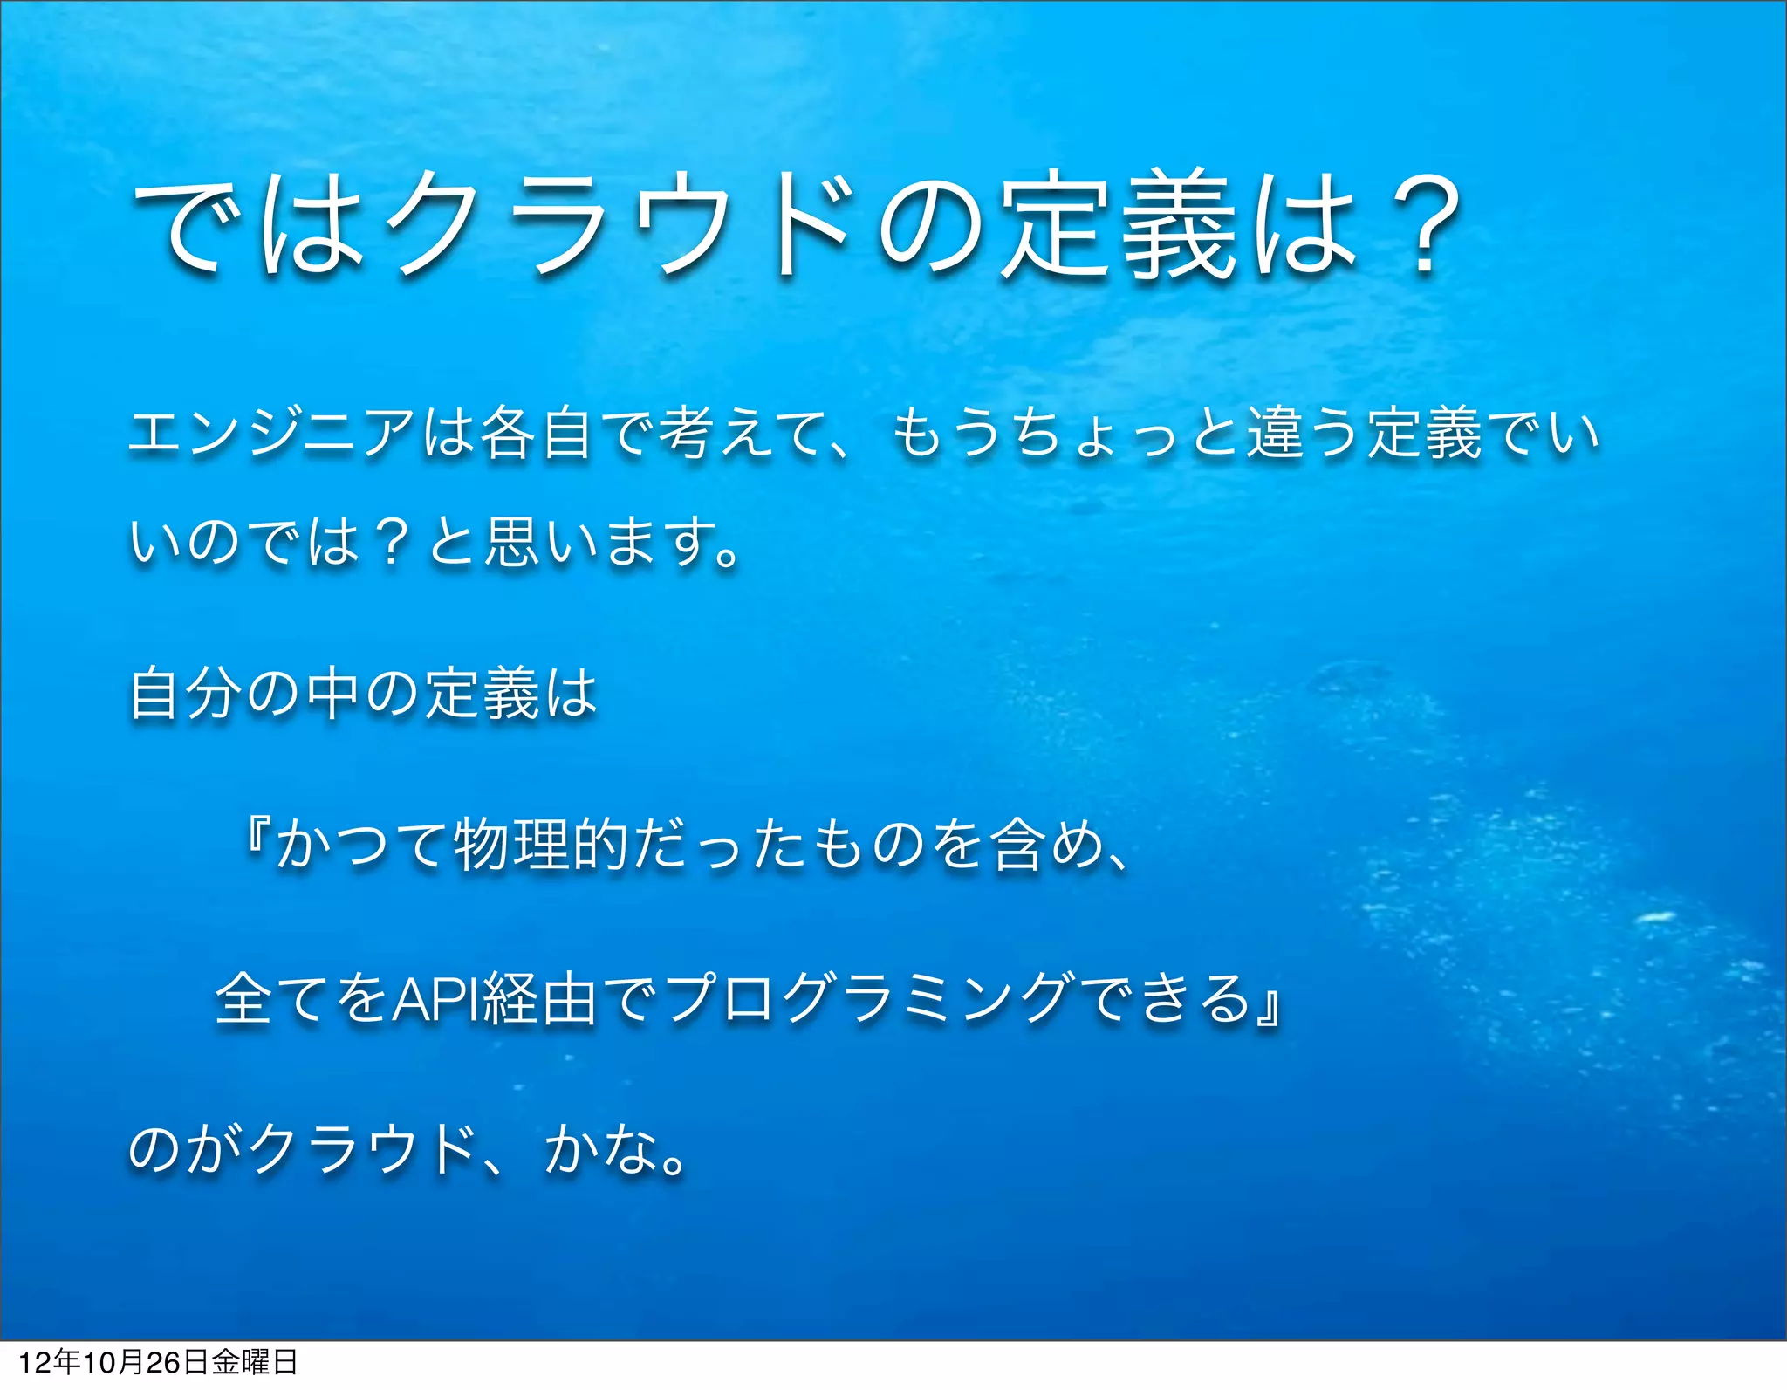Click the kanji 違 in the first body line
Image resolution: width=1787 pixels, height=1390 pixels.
coord(1275,434)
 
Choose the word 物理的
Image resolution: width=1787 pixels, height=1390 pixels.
coord(541,845)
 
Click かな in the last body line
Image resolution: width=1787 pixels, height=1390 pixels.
coord(601,1150)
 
